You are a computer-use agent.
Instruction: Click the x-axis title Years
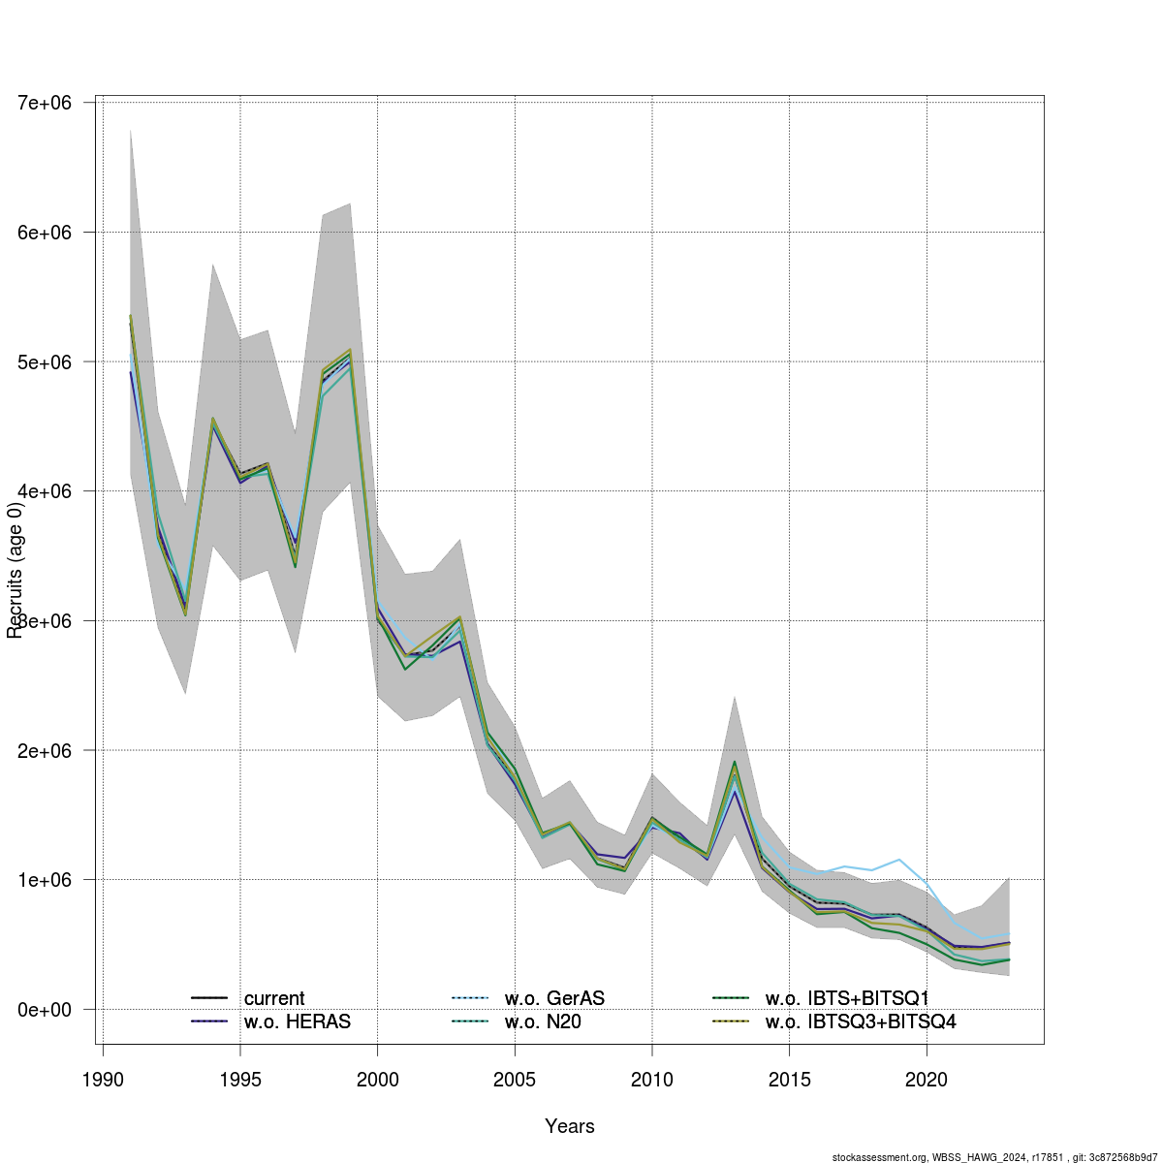[x=570, y=1126]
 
